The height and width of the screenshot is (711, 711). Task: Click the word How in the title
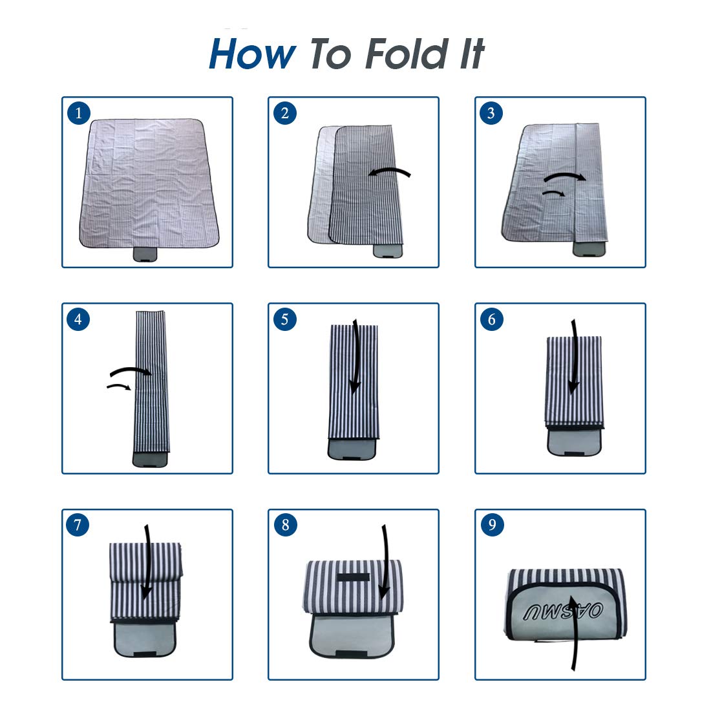point(252,54)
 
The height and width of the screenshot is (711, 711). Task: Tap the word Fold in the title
point(407,54)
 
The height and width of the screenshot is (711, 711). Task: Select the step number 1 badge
point(79,113)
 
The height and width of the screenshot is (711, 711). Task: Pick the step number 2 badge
point(285,113)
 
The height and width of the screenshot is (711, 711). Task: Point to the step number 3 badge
point(491,113)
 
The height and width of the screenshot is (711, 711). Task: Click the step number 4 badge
point(78,319)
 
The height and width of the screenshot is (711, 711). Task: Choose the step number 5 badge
point(285,319)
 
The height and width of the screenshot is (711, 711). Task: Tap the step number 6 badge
point(491,319)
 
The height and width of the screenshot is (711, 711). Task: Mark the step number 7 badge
point(78,525)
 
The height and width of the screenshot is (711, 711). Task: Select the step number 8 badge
point(285,525)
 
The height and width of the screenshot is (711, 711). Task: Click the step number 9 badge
point(493,525)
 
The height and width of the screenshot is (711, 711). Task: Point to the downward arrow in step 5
point(356,356)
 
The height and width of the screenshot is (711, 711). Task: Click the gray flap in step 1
point(145,255)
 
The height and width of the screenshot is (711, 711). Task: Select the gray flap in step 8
point(352,635)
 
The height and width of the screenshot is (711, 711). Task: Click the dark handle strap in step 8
point(354,578)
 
